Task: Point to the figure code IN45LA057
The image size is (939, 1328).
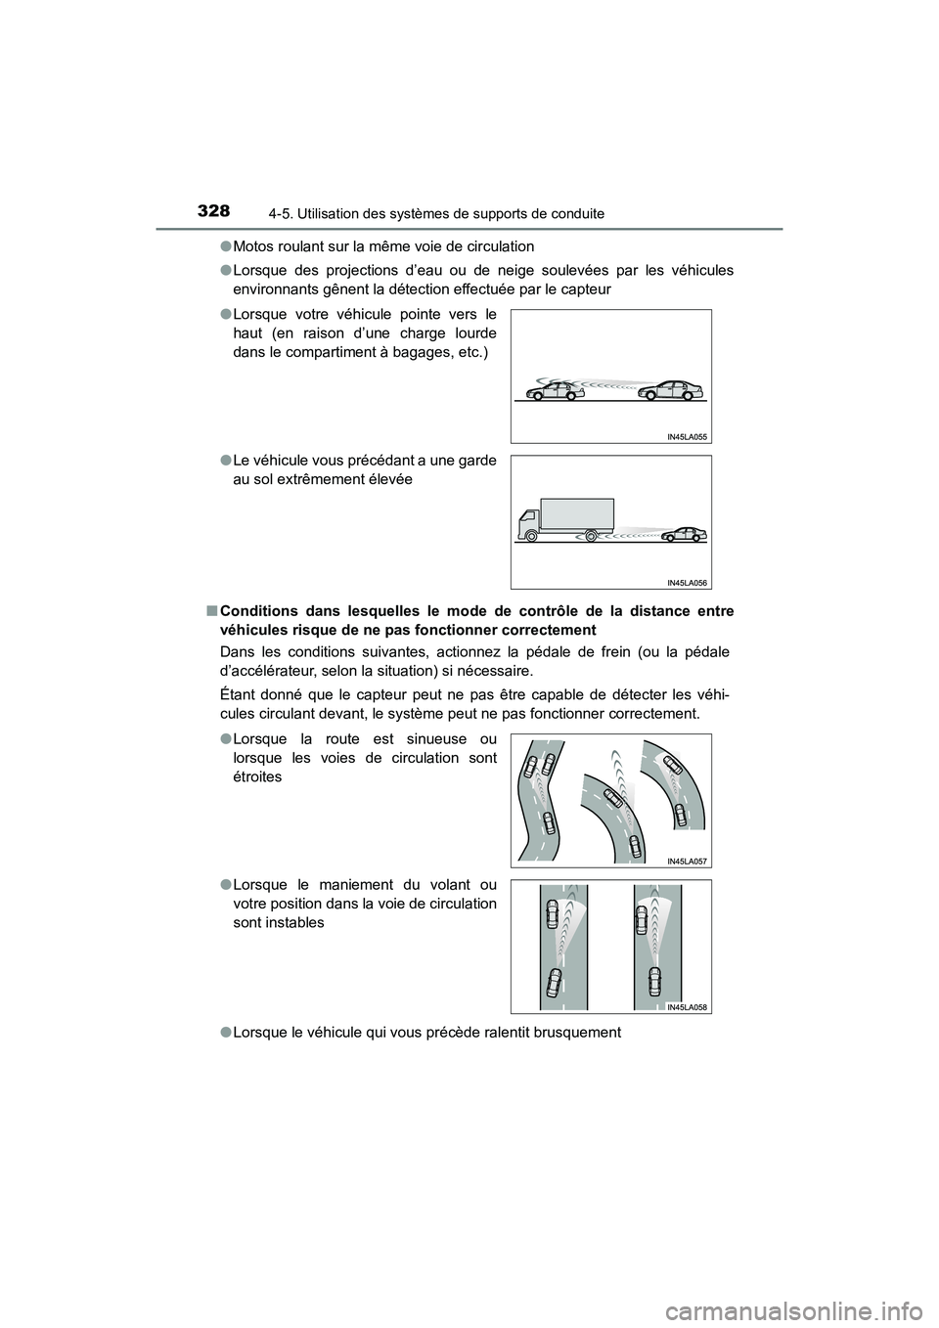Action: [687, 861]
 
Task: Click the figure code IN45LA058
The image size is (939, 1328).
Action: [687, 1007]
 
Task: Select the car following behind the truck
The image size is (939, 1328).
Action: [684, 534]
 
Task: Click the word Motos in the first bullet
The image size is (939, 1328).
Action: [255, 246]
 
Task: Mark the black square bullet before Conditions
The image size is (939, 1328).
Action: [211, 611]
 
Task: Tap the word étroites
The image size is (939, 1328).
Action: [258, 776]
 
